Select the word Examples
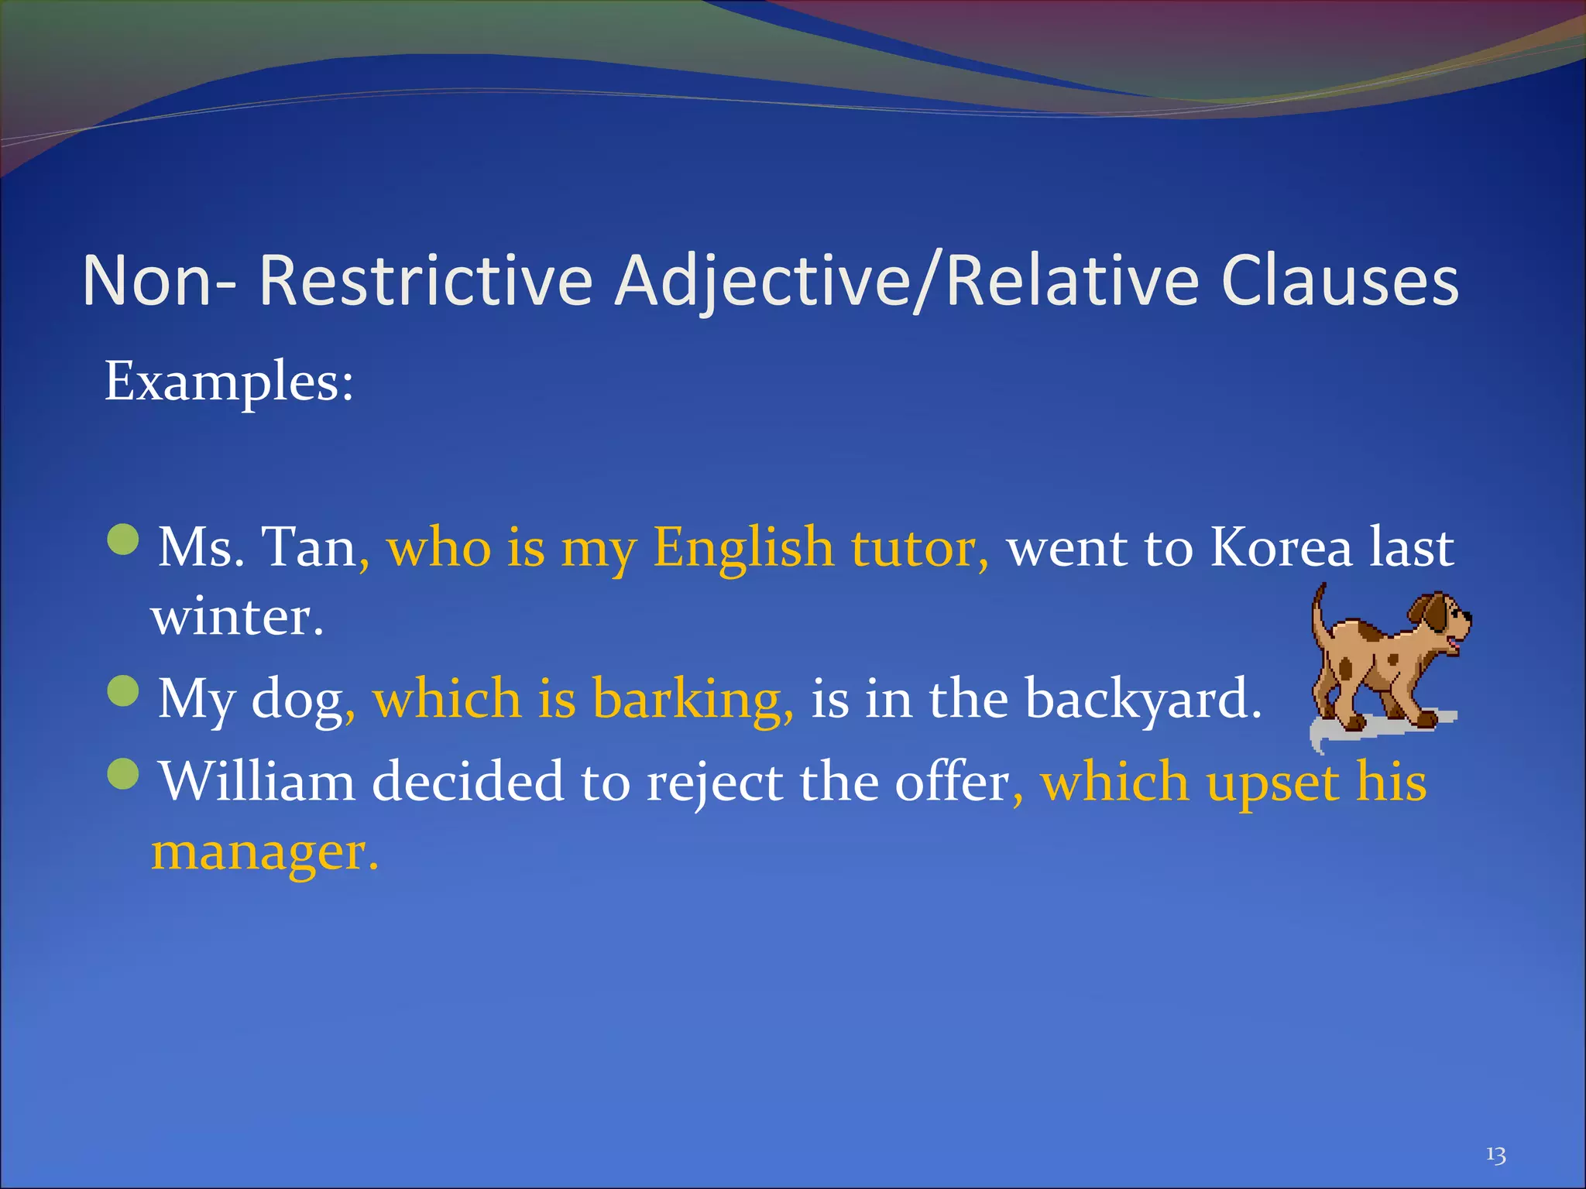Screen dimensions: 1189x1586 point(228,382)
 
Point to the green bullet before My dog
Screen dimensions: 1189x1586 point(123,690)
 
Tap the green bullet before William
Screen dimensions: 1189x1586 point(123,773)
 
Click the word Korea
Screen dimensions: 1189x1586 point(1281,547)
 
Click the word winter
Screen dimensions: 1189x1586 point(236,618)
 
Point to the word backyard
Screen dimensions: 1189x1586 point(1142,699)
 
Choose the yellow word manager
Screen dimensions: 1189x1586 point(263,851)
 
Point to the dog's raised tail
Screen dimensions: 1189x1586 point(1317,612)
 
